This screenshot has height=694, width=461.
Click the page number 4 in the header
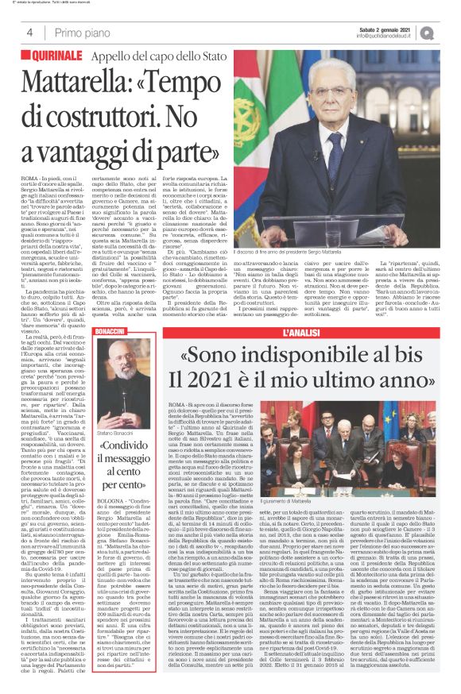29,33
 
